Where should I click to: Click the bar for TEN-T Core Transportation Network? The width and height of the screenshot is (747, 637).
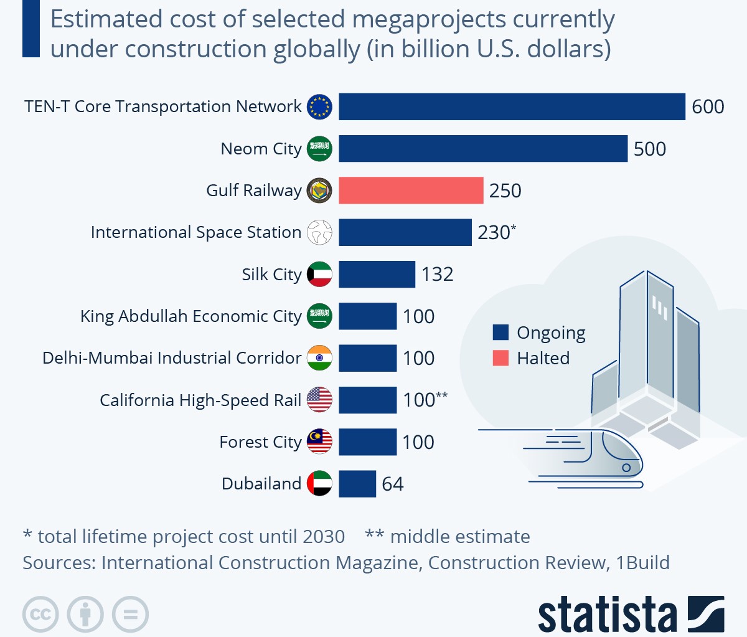click(x=512, y=106)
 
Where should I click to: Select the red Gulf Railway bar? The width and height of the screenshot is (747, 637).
click(x=411, y=191)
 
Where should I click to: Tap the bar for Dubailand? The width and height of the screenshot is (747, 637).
click(x=357, y=484)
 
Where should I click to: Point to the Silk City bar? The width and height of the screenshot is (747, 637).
click(x=377, y=274)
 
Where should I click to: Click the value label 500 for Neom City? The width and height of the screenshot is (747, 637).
click(x=649, y=149)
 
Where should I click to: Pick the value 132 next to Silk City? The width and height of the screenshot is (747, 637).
click(x=437, y=274)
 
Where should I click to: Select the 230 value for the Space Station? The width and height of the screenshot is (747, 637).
click(x=494, y=232)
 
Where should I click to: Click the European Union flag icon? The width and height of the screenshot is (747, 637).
click(x=319, y=106)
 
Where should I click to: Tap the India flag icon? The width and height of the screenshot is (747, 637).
click(x=319, y=358)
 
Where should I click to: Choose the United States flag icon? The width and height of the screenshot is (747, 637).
click(x=319, y=400)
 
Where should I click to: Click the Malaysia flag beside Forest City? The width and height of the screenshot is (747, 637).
click(x=319, y=441)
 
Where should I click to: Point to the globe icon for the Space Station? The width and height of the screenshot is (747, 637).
click(x=319, y=232)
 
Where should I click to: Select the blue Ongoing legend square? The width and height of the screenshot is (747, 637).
click(x=500, y=333)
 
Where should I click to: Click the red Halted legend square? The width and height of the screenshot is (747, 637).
click(x=500, y=358)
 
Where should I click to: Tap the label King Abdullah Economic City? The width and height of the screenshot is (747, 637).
click(x=190, y=316)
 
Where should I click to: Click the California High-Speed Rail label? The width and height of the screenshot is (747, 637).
click(x=200, y=400)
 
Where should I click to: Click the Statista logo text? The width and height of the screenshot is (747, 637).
click(x=607, y=615)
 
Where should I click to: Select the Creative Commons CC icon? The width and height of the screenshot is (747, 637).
click(x=40, y=615)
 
